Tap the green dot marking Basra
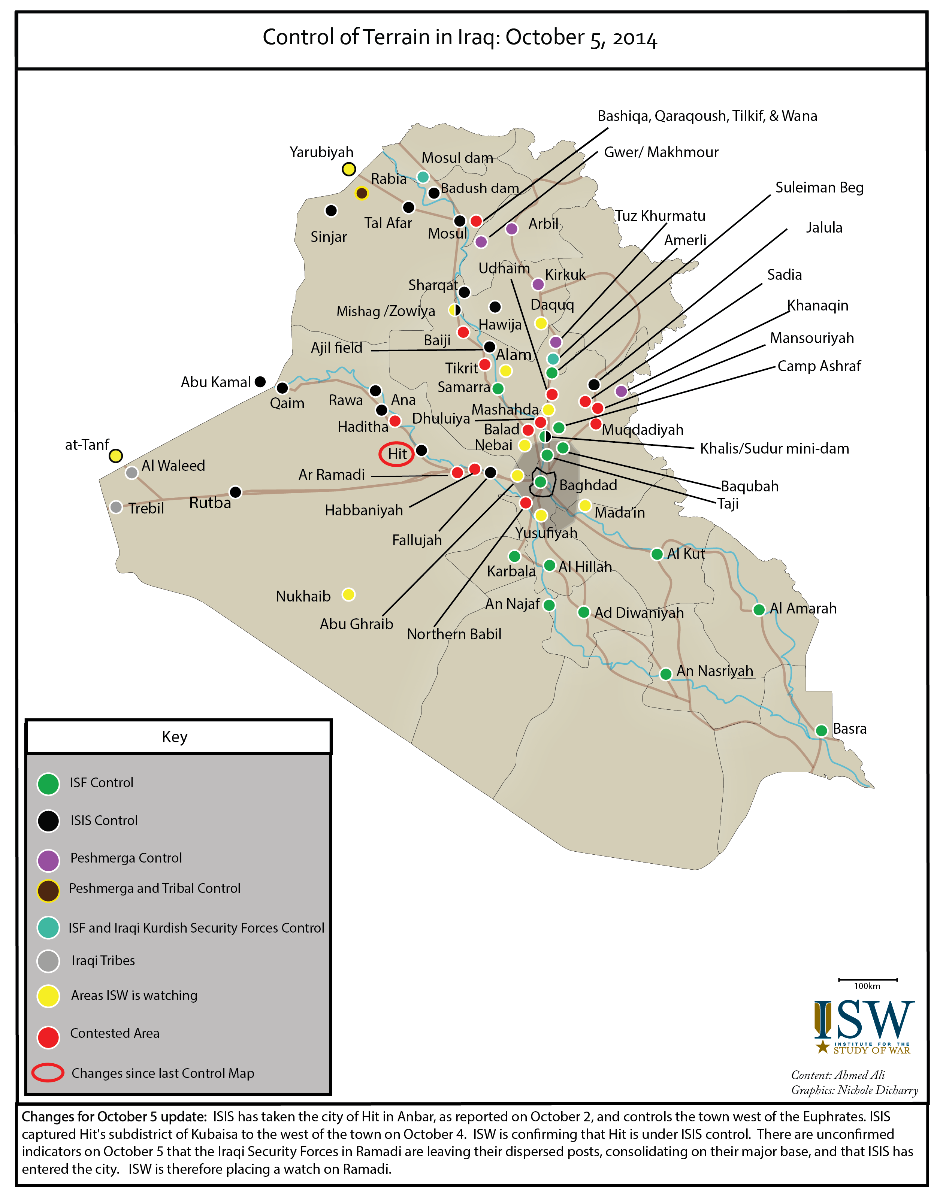coord(821,730)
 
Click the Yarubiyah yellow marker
coord(348,169)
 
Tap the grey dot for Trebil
coord(116,507)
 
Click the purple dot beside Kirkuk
coord(538,284)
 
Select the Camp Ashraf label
coord(819,366)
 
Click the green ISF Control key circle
coord(49,784)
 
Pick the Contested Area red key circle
coord(49,1037)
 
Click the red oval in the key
coord(48,1072)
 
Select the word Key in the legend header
coord(175,737)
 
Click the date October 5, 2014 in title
coord(581,37)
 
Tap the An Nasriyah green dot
coord(666,673)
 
